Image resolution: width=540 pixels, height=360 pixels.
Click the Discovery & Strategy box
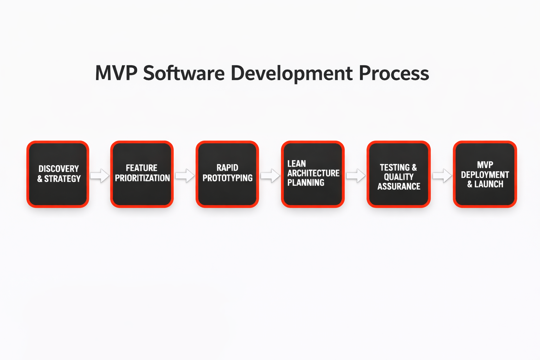pos(58,174)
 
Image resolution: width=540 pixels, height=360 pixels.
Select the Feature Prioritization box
pos(142,174)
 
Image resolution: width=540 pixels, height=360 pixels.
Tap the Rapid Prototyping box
pos(227,174)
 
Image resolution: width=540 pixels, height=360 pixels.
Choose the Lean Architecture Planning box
pos(313,174)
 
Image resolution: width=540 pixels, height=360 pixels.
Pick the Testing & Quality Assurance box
pos(398,174)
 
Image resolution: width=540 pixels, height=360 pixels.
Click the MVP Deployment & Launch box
pos(485,174)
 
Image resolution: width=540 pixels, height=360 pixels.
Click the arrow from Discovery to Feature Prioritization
pos(100,175)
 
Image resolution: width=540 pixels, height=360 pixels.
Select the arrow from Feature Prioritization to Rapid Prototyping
pos(185,175)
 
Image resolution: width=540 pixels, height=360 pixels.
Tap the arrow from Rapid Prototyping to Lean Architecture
pos(270,175)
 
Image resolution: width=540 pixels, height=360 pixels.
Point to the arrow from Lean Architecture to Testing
pos(356,175)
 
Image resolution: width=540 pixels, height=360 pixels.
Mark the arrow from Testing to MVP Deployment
pos(442,175)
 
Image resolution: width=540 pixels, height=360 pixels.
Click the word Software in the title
pos(184,73)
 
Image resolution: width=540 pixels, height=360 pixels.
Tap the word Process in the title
pos(394,73)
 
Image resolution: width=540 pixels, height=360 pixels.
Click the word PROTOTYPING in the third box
pos(227,178)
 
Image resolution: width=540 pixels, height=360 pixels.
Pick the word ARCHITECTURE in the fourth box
pos(313,173)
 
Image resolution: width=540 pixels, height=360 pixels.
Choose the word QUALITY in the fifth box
pos(399,177)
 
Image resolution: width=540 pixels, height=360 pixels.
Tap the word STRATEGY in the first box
pos(63,179)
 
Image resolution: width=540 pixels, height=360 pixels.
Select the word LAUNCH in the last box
pos(489,184)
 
